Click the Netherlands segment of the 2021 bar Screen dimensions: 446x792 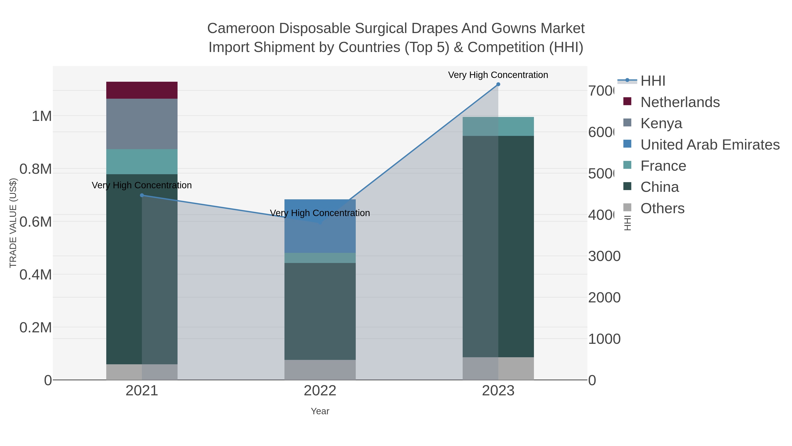(x=142, y=90)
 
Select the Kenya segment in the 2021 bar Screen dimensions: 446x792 (x=142, y=124)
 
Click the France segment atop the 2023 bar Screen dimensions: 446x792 (x=498, y=126)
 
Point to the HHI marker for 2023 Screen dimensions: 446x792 (x=498, y=84)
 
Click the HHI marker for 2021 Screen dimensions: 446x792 (x=142, y=195)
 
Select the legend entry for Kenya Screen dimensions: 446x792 (x=661, y=123)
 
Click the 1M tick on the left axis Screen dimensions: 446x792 (x=42, y=116)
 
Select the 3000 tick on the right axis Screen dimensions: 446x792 (x=604, y=256)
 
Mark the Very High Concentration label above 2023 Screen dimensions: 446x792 (x=498, y=75)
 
